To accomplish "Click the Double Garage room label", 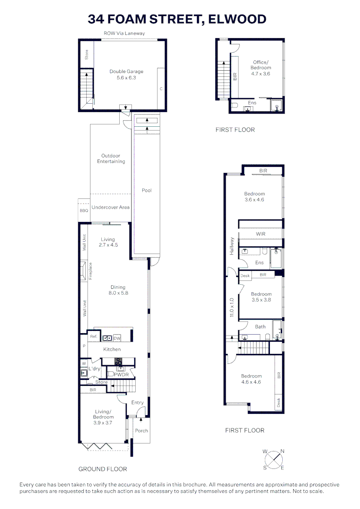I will pyautogui.click(x=126, y=74).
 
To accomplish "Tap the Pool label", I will pyautogui.click(x=147, y=190).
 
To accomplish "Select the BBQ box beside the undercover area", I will pyautogui.click(x=84, y=211).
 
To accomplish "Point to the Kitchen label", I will pyautogui.click(x=112, y=349).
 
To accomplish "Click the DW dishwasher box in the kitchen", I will pyautogui.click(x=117, y=338).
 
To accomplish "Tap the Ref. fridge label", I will pyautogui.click(x=93, y=337).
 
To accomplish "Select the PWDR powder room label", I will pyautogui.click(x=121, y=375).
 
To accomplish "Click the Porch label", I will pyautogui.click(x=141, y=430).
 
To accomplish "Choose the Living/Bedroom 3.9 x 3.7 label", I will pyautogui.click(x=103, y=417).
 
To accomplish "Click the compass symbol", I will pyautogui.click(x=273, y=460).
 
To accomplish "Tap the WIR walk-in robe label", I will pyautogui.click(x=261, y=234).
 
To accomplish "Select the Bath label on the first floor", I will pyautogui.click(x=260, y=327).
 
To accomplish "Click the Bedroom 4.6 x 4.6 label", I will pyautogui.click(x=251, y=379).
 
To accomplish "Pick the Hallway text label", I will pyautogui.click(x=231, y=246).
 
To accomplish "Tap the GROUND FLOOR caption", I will pyautogui.click(x=102, y=469).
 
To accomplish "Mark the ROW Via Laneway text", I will pyautogui.click(x=124, y=33).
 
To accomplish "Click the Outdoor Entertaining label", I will pyautogui.click(x=111, y=158).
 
